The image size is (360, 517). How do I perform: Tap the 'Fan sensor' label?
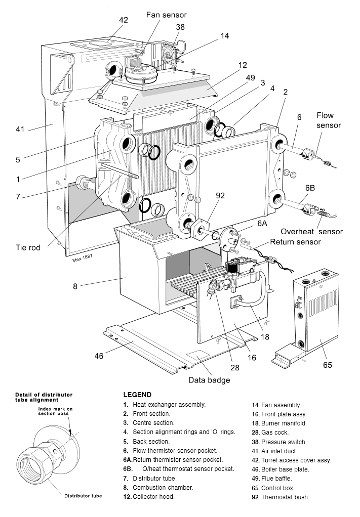tap(166, 15)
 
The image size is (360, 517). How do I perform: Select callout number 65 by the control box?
tap(328, 364)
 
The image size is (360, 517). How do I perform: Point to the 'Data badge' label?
tap(209, 380)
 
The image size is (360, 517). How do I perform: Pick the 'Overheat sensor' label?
tap(311, 232)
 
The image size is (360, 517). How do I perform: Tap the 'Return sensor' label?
tap(295, 242)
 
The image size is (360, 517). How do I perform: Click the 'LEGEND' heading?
tap(137, 395)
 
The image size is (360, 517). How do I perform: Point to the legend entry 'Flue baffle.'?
tap(278, 479)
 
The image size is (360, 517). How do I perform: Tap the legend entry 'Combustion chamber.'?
tap(163, 488)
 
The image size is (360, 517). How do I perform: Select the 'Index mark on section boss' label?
tap(56, 411)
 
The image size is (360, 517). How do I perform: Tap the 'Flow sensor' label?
tap(329, 120)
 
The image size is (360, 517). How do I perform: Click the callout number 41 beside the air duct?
tap(20, 129)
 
